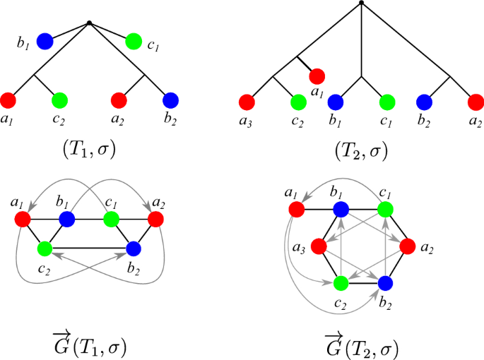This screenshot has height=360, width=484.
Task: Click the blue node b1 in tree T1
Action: coord(45,42)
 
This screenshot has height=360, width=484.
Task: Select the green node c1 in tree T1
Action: coord(133,42)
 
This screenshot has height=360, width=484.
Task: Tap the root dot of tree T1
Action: coord(89,23)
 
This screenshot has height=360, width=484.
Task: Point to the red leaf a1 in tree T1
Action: coord(8,100)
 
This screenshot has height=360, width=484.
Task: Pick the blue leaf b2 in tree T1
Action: coord(170,100)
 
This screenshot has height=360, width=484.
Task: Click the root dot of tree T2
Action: coord(361,3)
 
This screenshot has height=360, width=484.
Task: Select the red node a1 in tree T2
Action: coord(317,76)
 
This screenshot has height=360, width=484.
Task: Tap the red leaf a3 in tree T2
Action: coord(247,102)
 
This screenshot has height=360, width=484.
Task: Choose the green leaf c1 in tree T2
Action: coord(387,102)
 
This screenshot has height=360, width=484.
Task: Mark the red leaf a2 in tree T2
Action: coord(476,102)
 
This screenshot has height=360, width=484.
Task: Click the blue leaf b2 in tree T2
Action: coord(424,102)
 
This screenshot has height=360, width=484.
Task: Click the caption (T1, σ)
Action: coord(90,150)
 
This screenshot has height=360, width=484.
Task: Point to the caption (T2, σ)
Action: coord(361,150)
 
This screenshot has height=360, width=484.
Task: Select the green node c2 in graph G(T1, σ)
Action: coord(45,248)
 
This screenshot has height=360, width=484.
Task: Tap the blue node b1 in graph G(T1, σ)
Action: coord(67,220)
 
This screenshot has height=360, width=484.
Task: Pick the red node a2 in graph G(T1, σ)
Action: coord(155,220)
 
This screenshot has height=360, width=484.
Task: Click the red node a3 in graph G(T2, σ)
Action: coord(319,246)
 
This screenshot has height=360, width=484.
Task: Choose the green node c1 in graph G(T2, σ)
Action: coord(384,209)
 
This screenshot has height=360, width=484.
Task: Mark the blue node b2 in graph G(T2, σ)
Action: coord(384,284)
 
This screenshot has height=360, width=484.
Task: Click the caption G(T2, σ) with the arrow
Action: coord(361,346)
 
